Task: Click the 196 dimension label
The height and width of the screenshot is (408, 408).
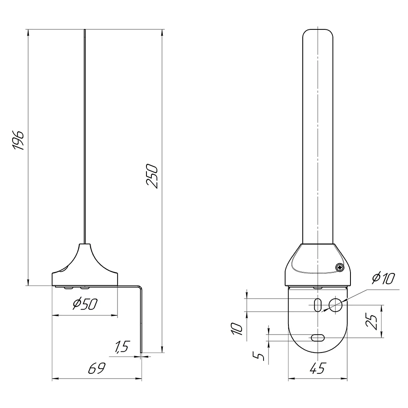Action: pyautogui.click(x=18, y=140)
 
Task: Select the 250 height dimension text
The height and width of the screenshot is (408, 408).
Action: pyautogui.click(x=152, y=176)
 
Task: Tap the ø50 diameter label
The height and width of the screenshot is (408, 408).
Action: pyautogui.click(x=85, y=304)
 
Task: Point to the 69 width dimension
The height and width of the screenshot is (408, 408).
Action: pyautogui.click(x=97, y=368)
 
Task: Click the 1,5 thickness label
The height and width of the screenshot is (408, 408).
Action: pyautogui.click(x=122, y=346)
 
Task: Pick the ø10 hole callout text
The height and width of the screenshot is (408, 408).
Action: pyautogui.click(x=383, y=278)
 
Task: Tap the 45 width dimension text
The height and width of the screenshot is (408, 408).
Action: pyautogui.click(x=318, y=368)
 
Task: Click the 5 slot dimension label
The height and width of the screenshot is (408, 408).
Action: pyautogui.click(x=259, y=356)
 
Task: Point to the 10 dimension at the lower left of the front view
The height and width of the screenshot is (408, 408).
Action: pyautogui.click(x=237, y=328)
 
